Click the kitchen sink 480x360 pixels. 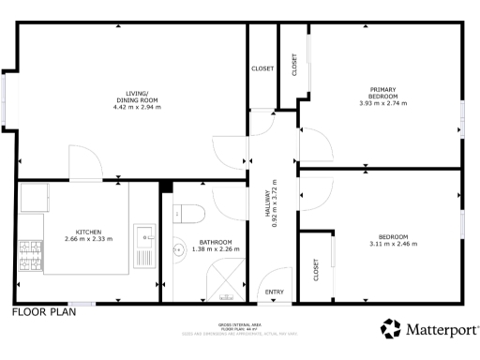pos(145,232)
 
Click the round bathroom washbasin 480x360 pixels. pos(179,250)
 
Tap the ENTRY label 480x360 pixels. pos(274,292)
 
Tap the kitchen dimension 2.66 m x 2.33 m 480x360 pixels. pos(88,239)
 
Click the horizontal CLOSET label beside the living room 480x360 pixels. pos(262,68)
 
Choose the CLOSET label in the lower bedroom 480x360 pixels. pos(316,270)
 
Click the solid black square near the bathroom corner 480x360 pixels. pos(166,186)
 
